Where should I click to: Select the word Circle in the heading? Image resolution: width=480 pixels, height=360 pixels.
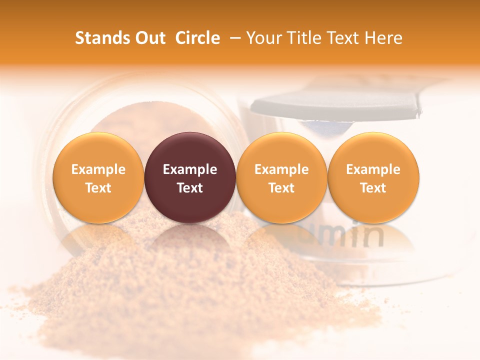(x=197, y=38)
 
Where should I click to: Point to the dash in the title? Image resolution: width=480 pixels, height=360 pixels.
(x=232, y=38)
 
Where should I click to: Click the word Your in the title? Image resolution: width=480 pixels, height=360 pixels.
(x=263, y=38)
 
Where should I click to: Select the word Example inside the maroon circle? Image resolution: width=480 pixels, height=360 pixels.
(x=190, y=169)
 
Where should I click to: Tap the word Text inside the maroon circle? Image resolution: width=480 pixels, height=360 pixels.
(x=190, y=188)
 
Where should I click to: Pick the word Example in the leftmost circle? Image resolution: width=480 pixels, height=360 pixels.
(x=98, y=169)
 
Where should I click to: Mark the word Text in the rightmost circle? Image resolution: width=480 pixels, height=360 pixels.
(x=373, y=188)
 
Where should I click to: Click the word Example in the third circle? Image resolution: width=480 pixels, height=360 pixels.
(x=281, y=169)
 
